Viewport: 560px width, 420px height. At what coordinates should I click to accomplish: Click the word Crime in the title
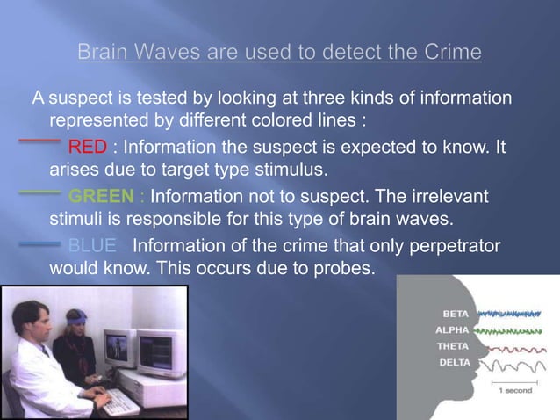453,53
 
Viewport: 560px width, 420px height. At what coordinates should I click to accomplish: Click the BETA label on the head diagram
455,314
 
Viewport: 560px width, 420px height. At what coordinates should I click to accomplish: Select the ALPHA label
453,330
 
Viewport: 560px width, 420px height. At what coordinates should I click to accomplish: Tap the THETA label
453,346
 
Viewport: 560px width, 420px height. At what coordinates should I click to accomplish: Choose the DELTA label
454,362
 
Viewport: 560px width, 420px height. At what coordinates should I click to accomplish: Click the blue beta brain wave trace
509,313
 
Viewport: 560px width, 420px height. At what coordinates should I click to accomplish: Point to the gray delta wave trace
509,363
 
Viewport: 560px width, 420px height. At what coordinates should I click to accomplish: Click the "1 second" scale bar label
515,390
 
